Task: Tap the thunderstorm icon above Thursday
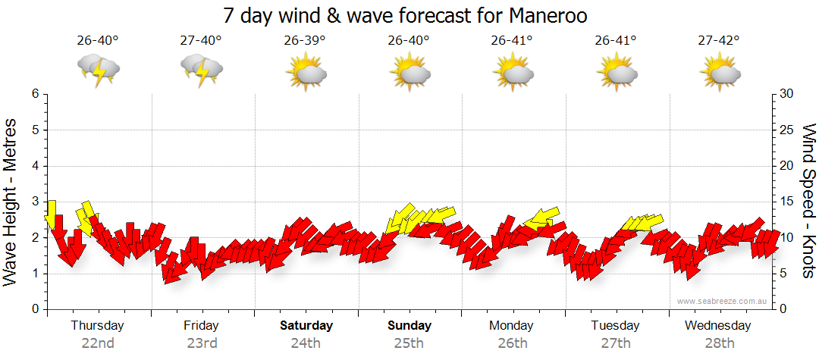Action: point(98,70)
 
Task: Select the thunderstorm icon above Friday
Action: point(201,70)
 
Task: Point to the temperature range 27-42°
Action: point(718,41)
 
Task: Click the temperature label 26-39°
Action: point(304,41)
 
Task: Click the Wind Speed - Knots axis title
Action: point(808,202)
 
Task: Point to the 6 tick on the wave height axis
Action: point(34,94)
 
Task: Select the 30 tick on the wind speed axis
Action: point(786,94)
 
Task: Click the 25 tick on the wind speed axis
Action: point(786,130)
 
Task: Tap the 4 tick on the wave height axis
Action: point(34,166)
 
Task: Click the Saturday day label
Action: point(306,326)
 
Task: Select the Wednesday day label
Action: point(717,326)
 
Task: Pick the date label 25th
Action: point(409,343)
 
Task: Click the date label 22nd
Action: point(98,343)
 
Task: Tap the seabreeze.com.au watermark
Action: point(723,302)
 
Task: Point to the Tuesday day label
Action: point(615,326)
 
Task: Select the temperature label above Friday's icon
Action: point(201,41)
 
